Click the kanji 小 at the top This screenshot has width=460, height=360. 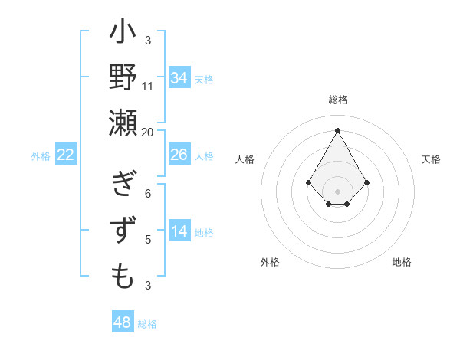(x=123, y=34)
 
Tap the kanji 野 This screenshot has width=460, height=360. (x=123, y=78)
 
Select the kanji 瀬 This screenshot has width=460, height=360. (x=123, y=123)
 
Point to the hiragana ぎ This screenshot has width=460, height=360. (x=123, y=186)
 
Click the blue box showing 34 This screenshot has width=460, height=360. (x=179, y=77)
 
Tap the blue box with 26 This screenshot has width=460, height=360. (x=179, y=155)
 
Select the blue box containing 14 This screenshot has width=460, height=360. (x=179, y=231)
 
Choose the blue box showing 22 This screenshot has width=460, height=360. (x=66, y=155)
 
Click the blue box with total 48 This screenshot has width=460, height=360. (x=123, y=322)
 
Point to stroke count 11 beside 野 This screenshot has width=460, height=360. (x=148, y=86)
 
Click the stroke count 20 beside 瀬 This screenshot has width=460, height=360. (x=148, y=132)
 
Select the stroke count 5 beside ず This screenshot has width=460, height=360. (x=148, y=240)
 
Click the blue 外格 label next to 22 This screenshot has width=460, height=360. (x=41, y=155)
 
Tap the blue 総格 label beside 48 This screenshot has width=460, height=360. (x=147, y=323)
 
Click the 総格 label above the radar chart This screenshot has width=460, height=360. (x=338, y=100)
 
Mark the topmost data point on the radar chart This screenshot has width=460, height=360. (x=338, y=129)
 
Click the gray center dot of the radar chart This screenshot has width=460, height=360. (x=338, y=191)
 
